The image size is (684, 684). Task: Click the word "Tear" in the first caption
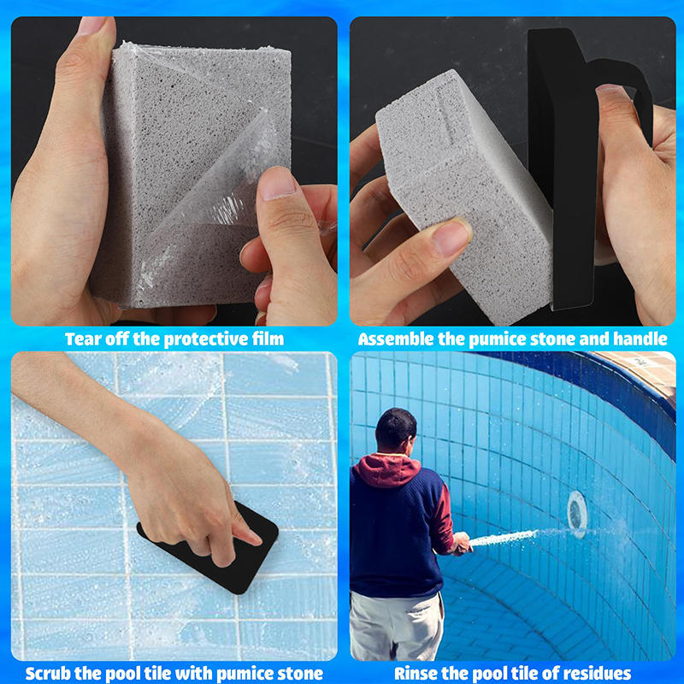(80, 339)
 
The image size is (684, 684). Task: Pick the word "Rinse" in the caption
(415, 674)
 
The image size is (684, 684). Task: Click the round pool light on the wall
(577, 514)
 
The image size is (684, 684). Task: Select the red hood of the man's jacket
(386, 469)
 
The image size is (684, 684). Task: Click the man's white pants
(396, 626)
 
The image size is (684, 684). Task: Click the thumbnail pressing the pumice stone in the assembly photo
(452, 237)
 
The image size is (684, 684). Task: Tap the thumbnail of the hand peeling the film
(277, 183)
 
